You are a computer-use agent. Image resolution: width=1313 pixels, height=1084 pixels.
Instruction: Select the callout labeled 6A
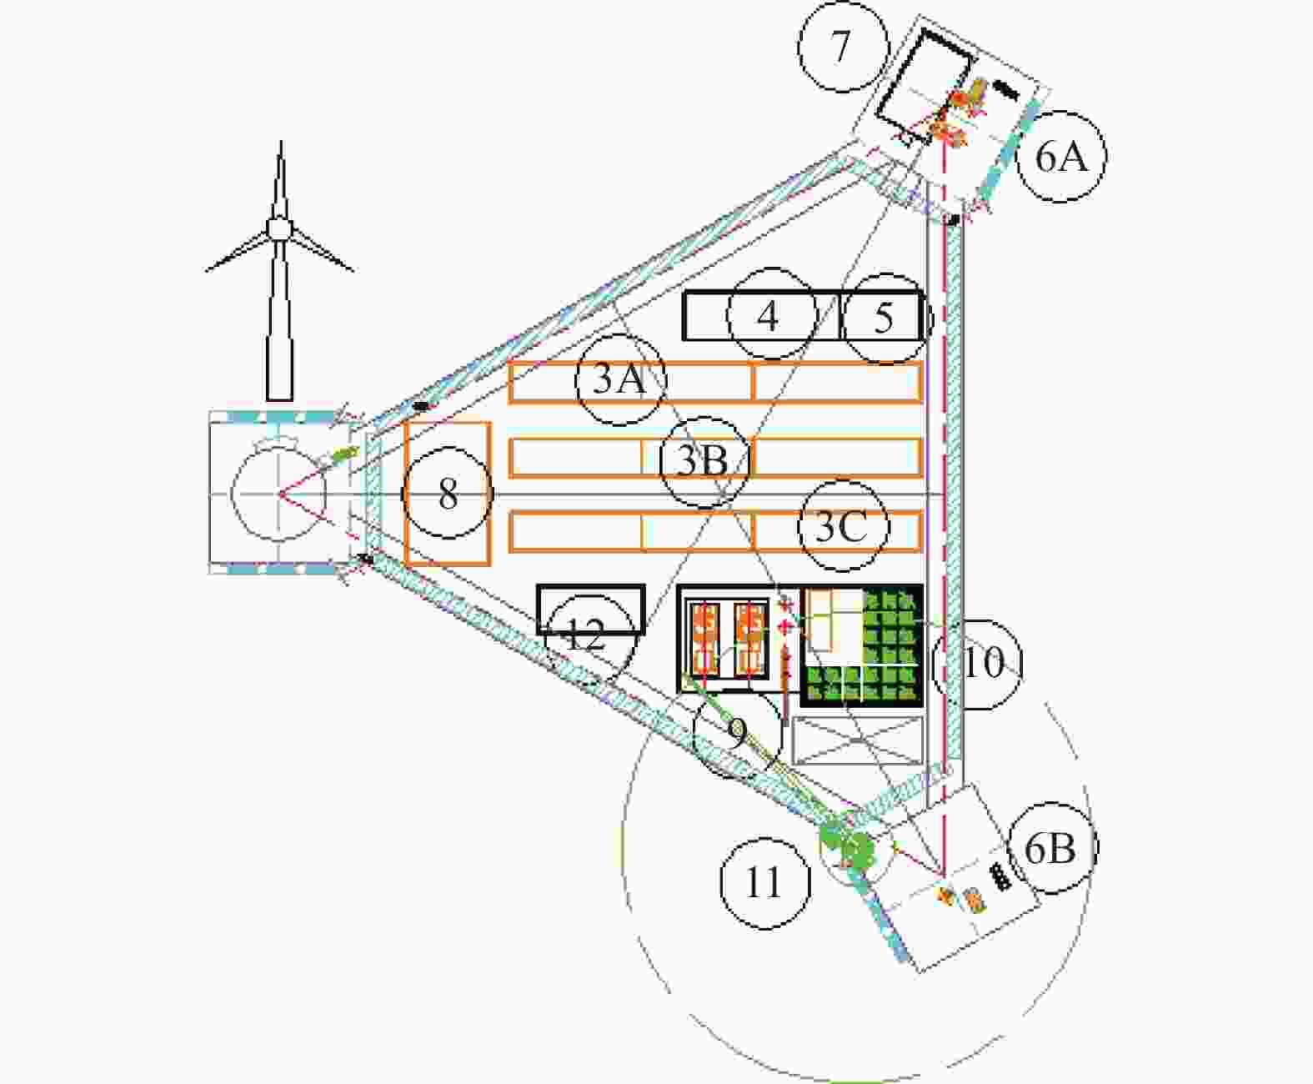coord(1061,156)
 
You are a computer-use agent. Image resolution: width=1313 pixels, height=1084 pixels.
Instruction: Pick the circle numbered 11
coord(764,883)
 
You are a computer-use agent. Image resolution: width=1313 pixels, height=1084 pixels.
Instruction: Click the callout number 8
coord(448,493)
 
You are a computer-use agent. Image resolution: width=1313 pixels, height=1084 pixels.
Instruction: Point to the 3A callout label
coord(621,380)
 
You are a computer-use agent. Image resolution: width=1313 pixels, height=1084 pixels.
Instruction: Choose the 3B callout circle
coord(705,462)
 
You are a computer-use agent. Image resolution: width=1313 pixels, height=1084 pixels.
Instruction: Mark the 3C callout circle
coord(844,525)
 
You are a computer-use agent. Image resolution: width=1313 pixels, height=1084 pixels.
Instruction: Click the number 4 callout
coord(772,314)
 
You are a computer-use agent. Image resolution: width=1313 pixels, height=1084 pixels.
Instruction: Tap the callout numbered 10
coord(977,665)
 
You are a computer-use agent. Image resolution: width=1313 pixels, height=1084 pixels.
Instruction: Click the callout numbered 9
coord(737,733)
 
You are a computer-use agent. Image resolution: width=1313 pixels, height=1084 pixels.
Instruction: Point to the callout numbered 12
coord(589,640)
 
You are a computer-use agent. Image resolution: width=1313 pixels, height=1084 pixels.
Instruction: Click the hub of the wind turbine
coord(278,228)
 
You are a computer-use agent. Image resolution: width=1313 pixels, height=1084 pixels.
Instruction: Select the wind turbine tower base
coord(280,396)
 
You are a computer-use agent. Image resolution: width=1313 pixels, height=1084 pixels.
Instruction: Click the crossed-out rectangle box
coord(857,740)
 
